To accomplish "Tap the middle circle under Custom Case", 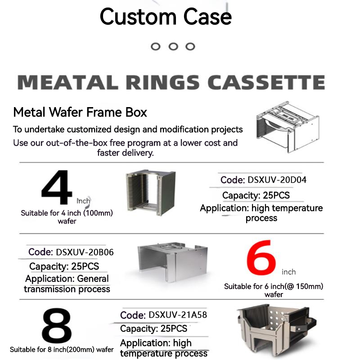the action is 173,47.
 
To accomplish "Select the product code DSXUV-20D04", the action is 277,180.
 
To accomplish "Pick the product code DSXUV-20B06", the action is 85,252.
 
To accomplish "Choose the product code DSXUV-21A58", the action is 178,315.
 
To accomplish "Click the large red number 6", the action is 261,257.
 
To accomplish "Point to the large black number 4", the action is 57,187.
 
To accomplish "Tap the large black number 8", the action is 57,326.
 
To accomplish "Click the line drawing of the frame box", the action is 288,127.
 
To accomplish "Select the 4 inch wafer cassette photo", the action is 151,193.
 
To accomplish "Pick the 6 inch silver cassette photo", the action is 173,262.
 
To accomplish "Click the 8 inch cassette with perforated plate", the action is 277,331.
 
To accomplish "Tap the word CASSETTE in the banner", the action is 266,82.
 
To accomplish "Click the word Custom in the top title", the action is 138,17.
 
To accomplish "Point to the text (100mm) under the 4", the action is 98,213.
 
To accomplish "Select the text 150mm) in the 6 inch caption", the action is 310,286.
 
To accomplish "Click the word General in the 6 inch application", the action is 93,279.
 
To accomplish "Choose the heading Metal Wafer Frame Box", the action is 80,112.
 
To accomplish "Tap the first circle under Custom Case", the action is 156,47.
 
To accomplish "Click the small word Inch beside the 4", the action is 83,201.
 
